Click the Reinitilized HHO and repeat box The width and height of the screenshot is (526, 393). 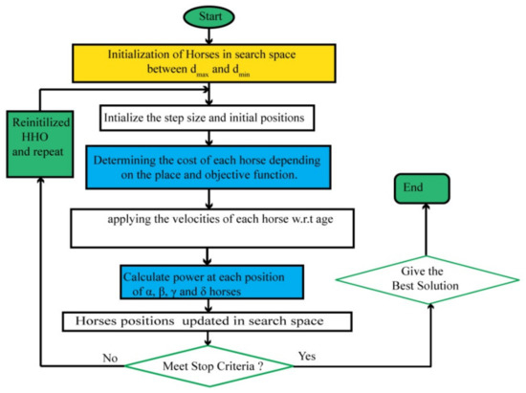pyautogui.click(x=40, y=144)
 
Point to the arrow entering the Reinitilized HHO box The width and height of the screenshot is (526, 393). pyautogui.click(x=40, y=191)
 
